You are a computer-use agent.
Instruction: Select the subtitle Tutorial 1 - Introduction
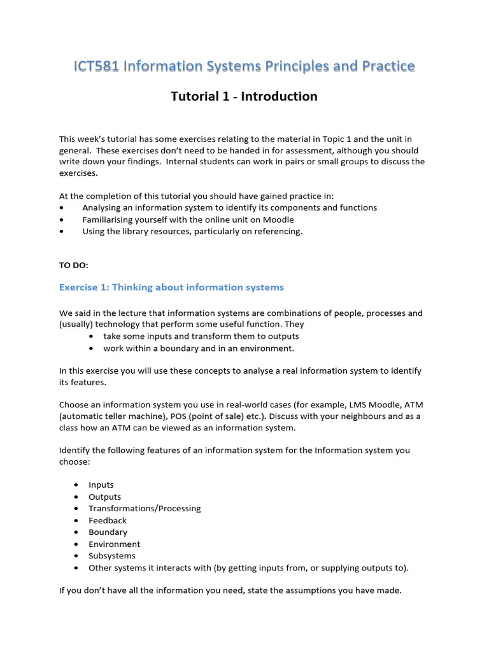(x=244, y=97)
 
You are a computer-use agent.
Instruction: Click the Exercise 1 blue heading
(x=171, y=287)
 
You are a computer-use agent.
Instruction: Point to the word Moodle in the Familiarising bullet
(x=279, y=220)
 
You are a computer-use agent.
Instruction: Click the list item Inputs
(x=101, y=485)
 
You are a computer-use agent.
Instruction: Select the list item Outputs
(x=104, y=497)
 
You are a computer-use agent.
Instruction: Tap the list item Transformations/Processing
(x=145, y=509)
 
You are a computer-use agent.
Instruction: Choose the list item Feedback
(x=108, y=520)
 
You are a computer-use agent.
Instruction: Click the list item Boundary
(x=108, y=532)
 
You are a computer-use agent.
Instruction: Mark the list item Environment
(x=114, y=544)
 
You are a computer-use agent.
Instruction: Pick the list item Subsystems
(x=111, y=556)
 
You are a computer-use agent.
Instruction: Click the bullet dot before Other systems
(x=76, y=568)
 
